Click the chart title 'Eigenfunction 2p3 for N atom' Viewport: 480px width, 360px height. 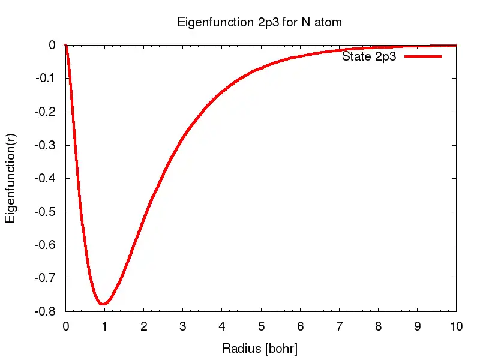tap(260, 23)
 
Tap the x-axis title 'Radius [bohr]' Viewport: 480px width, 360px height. tap(260, 348)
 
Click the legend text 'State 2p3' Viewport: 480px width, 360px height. tap(369, 57)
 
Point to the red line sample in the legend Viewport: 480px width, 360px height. tap(423, 56)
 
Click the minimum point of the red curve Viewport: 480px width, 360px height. tap(104, 304)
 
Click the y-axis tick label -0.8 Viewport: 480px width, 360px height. tap(46, 312)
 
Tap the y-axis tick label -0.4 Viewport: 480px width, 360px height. tap(46, 178)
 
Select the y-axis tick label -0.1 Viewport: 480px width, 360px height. tap(46, 79)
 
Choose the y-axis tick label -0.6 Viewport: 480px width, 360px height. tap(46, 245)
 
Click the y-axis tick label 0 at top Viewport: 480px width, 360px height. tap(52, 45)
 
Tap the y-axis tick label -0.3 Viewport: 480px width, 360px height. tap(46, 145)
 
